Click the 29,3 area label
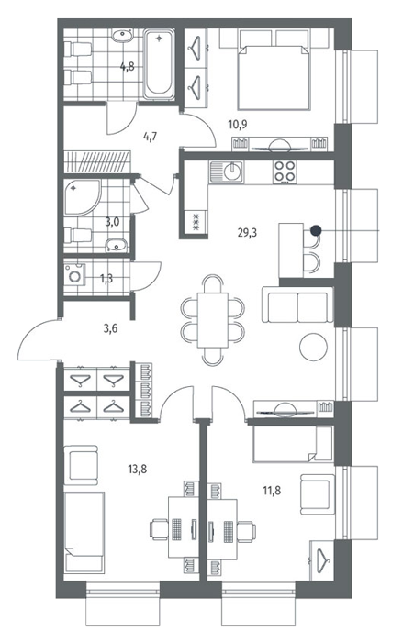pos(247,233)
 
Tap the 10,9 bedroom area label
pos(238,124)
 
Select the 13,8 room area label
pos(137,469)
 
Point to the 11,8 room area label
pos(272,489)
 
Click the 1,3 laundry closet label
pos(106,279)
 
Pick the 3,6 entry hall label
pos(111,328)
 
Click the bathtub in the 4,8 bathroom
pos(159,64)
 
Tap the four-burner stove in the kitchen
pos(285,172)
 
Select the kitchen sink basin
pos(233,172)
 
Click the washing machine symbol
pos(75,274)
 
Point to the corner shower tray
pos(82,197)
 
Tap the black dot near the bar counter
pos(315,230)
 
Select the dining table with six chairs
pos(213,320)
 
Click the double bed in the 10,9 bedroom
pos(273,77)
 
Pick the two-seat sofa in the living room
pos(297,304)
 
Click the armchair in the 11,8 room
pos(318,494)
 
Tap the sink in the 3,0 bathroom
pos(117,246)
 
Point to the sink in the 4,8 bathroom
pos(122,37)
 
